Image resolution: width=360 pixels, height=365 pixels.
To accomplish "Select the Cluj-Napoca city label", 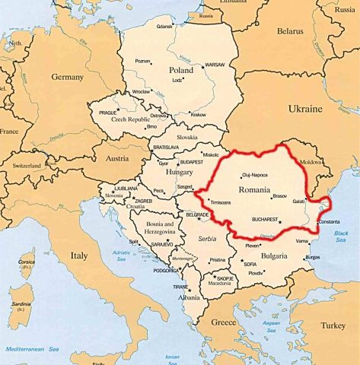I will pyautogui.click(x=255, y=174).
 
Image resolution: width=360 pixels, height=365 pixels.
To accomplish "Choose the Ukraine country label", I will pyautogui.click(x=305, y=109).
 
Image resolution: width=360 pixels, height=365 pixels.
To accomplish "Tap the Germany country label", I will pyautogui.click(x=67, y=77).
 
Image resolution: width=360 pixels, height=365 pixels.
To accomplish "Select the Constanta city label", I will pyautogui.click(x=329, y=222).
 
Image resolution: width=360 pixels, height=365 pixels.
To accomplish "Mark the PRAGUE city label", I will pyautogui.click(x=107, y=113).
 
